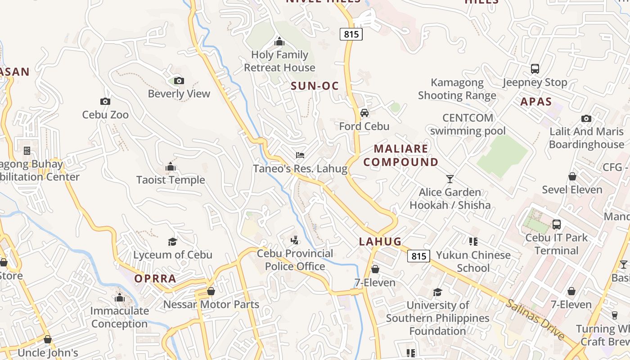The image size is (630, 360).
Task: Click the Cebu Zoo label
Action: pyautogui.click(x=105, y=115)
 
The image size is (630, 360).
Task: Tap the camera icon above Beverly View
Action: pyautogui.click(x=179, y=81)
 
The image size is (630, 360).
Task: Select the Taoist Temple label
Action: pyautogui.click(x=171, y=180)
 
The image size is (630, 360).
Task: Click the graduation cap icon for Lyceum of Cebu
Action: pyautogui.click(x=172, y=242)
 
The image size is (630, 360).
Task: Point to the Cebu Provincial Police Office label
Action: pyautogui.click(x=295, y=260)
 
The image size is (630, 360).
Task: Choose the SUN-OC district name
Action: pyautogui.click(x=315, y=86)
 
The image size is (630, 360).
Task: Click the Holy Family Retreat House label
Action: pyautogui.click(x=279, y=61)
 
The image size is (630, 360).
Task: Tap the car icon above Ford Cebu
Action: pyautogui.click(x=364, y=113)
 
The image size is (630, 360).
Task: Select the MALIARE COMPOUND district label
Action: pyautogui.click(x=401, y=155)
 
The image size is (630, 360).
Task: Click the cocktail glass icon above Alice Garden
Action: pyautogui.click(x=450, y=179)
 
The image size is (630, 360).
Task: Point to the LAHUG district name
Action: pyautogui.click(x=380, y=242)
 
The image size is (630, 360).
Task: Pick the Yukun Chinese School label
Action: pyautogui.click(x=473, y=261)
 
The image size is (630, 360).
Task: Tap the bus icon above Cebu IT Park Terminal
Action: pyautogui.click(x=557, y=224)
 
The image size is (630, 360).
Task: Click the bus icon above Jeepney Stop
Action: pyautogui.click(x=535, y=69)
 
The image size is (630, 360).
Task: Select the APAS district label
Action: pyautogui.click(x=536, y=102)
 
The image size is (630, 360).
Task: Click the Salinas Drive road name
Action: pyautogui.click(x=535, y=319)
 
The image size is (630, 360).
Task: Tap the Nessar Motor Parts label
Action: pyautogui.click(x=211, y=305)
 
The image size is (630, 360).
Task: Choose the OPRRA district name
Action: pyautogui.click(x=155, y=279)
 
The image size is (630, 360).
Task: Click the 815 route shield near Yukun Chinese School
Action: pyautogui.click(x=418, y=256)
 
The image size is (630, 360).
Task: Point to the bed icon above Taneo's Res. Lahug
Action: pyautogui.click(x=300, y=156)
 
